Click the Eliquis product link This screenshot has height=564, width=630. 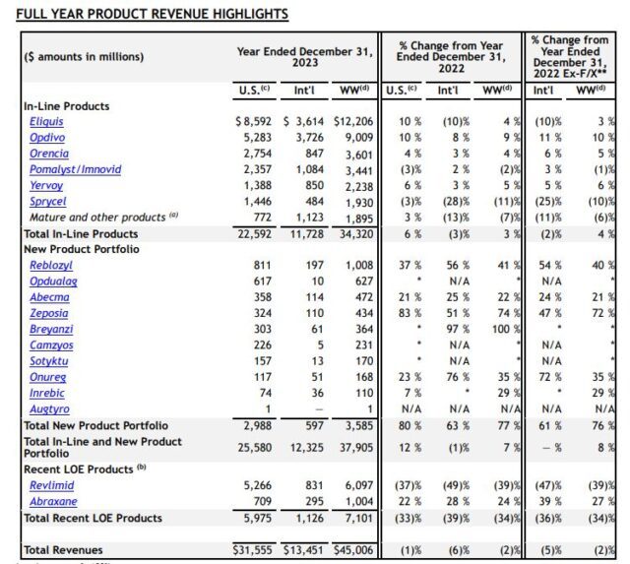(44, 121)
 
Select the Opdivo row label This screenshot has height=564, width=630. (45, 137)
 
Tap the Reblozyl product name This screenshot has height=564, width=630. (50, 266)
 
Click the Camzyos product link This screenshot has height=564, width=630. (50, 345)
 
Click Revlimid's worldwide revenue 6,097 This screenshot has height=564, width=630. (357, 485)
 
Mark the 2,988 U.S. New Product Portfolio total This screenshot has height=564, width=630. (256, 425)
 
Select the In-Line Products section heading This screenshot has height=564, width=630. (66, 105)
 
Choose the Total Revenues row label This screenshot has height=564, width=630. (63, 549)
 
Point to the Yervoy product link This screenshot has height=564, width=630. (46, 185)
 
